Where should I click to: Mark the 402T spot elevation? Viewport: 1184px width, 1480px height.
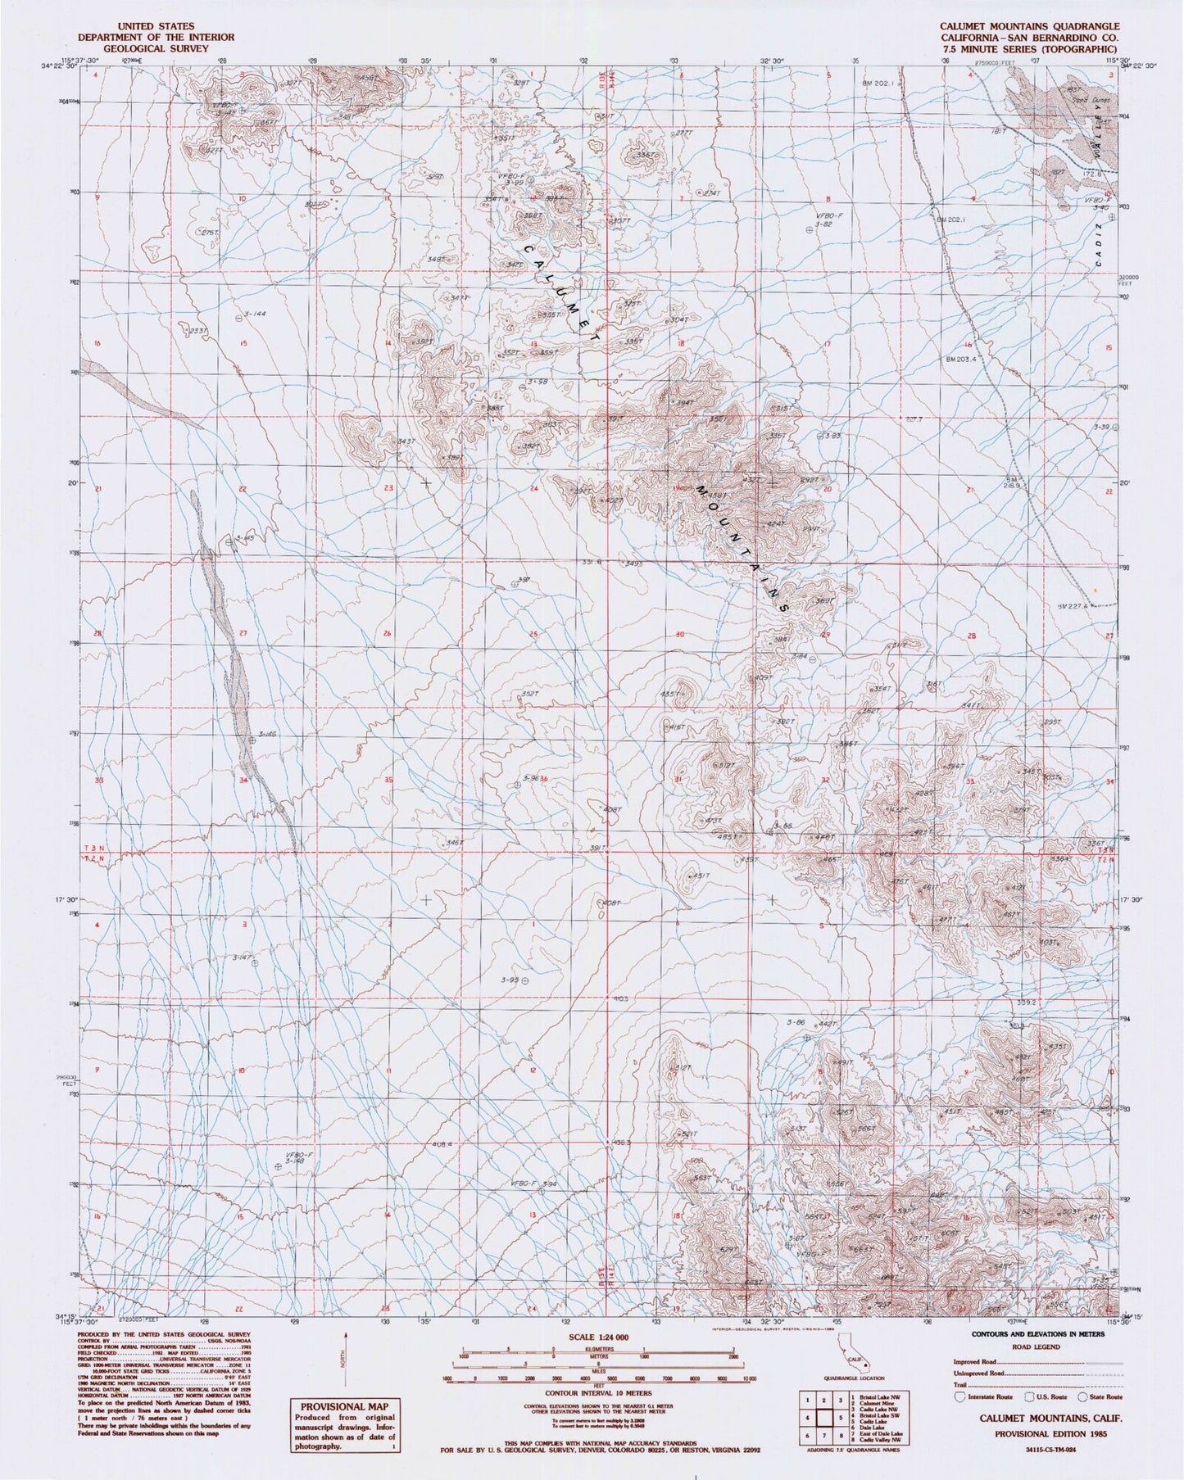(x=610, y=500)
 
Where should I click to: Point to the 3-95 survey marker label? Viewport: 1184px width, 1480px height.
(x=510, y=980)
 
